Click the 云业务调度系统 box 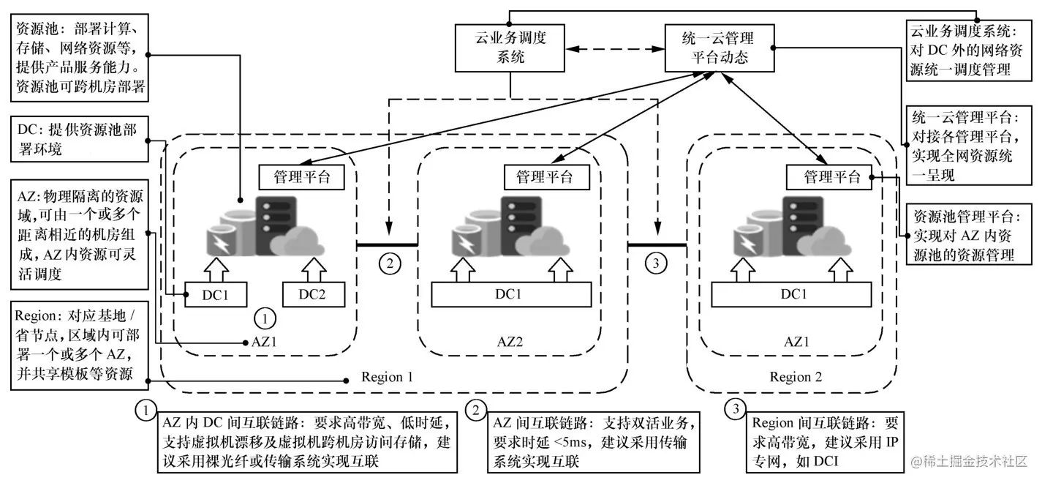click(x=509, y=48)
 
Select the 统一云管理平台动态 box click(x=720, y=48)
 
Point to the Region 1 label click(x=388, y=378)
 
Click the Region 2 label click(x=796, y=378)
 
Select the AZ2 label click(x=510, y=341)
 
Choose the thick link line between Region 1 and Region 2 click(x=657, y=244)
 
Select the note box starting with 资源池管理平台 click(x=971, y=236)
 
